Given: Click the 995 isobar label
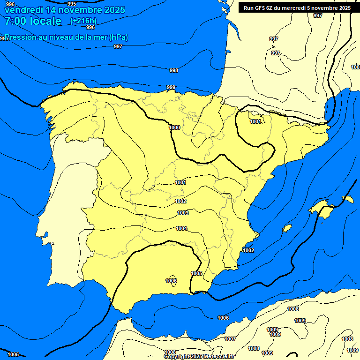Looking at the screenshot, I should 72,4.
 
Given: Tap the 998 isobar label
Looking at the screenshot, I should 173,70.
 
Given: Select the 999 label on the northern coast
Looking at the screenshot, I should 171,88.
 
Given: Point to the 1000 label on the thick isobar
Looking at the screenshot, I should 174,127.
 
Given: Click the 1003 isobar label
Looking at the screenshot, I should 183,213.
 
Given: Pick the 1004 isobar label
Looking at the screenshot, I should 181,229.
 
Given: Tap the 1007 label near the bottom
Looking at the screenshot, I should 230,339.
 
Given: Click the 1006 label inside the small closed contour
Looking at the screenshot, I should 171,281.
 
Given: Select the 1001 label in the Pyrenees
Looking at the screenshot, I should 255,122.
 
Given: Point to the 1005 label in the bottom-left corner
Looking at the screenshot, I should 13,354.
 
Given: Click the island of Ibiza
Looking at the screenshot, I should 287,228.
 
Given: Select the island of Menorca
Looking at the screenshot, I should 348,199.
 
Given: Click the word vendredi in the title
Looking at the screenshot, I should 24,9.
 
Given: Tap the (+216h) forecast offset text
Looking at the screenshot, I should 83,21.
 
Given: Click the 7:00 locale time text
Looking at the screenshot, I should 33,21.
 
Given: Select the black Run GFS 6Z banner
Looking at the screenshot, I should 297,8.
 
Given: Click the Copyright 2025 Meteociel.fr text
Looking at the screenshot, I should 199,356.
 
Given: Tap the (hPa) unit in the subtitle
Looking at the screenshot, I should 119,37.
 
